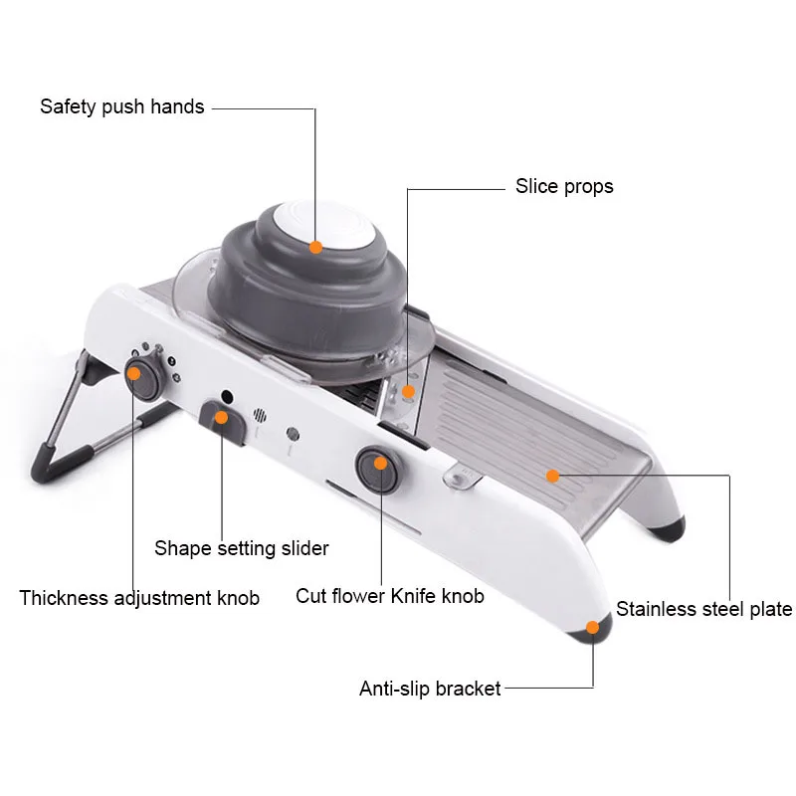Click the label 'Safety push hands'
click(121, 106)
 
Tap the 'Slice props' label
click(564, 186)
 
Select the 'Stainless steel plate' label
click(703, 609)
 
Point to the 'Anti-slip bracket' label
click(430, 689)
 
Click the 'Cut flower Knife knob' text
click(390, 596)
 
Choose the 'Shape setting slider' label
click(241, 547)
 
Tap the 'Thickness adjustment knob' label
click(139, 598)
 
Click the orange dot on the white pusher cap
click(315, 247)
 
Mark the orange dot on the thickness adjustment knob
click(133, 373)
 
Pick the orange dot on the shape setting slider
click(222, 418)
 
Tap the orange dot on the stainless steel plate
click(552, 476)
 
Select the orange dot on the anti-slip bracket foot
click(593, 627)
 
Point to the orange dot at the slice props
click(407, 391)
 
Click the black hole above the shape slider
click(227, 396)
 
